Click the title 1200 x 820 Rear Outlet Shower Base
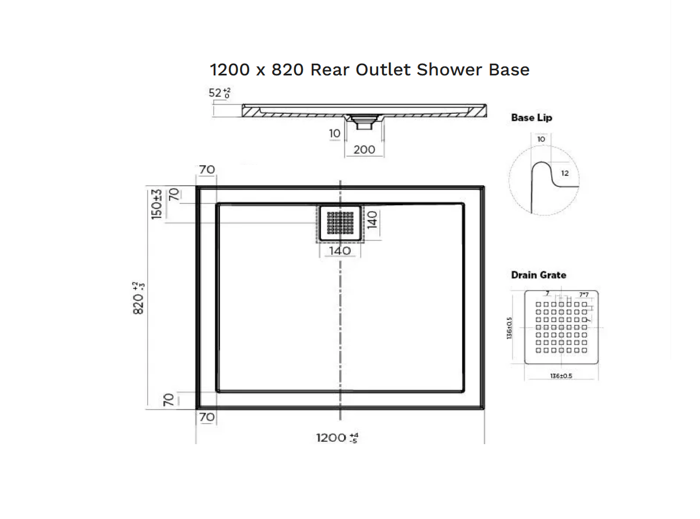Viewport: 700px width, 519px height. pos(370,70)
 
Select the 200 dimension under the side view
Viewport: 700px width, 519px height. pos(364,149)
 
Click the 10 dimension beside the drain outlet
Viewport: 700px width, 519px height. pos(335,133)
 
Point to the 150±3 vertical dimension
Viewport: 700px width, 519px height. pos(157,204)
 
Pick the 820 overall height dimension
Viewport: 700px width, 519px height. pos(139,298)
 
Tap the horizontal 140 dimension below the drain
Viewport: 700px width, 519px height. pos(340,250)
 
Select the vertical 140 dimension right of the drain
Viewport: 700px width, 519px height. pos(373,220)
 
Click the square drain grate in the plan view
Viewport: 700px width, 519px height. pos(340,223)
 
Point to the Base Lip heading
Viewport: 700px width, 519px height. pos(531,118)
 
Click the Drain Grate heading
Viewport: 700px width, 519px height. pos(538,275)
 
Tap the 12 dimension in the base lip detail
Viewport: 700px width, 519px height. pos(565,173)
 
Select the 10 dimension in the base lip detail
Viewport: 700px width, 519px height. pos(541,139)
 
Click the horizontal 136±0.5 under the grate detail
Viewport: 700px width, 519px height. pos(561,375)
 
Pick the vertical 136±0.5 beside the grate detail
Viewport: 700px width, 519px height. pos(510,328)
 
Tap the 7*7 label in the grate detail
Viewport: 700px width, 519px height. pos(583,295)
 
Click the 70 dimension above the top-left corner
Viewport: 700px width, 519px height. pos(207,169)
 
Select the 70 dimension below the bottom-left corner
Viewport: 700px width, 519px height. pos(207,417)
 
